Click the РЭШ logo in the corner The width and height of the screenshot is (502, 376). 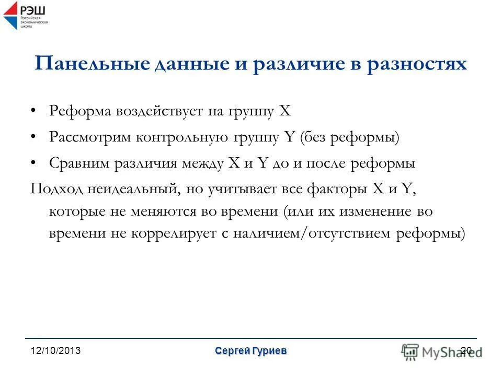25,15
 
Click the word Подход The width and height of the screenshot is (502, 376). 53,189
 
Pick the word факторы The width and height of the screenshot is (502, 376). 338,189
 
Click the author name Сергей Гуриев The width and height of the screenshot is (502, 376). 250,351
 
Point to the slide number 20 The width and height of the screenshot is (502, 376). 467,351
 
